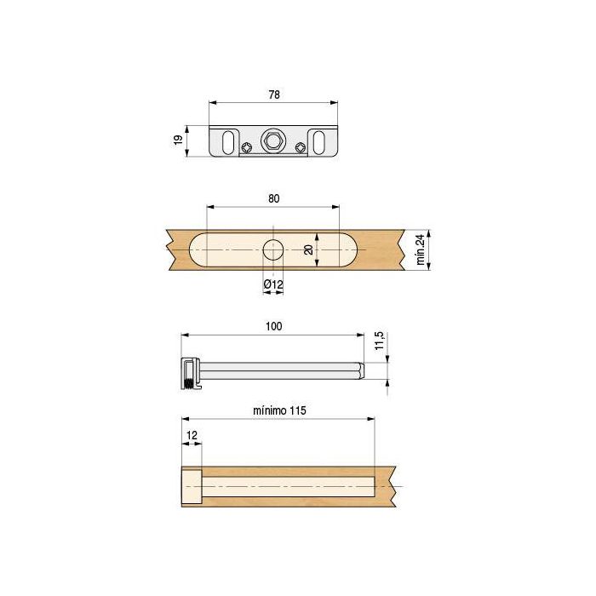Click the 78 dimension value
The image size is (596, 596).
point(273,94)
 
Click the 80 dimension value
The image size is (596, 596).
point(273,198)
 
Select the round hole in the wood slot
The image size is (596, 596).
point(272,249)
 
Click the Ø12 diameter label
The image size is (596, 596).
point(272,282)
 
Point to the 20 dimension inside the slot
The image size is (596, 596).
point(308,249)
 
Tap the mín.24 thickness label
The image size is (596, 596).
point(420,249)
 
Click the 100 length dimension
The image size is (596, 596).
point(273,326)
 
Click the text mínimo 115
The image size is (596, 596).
point(279,410)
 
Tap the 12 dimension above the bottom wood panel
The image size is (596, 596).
point(191,435)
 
